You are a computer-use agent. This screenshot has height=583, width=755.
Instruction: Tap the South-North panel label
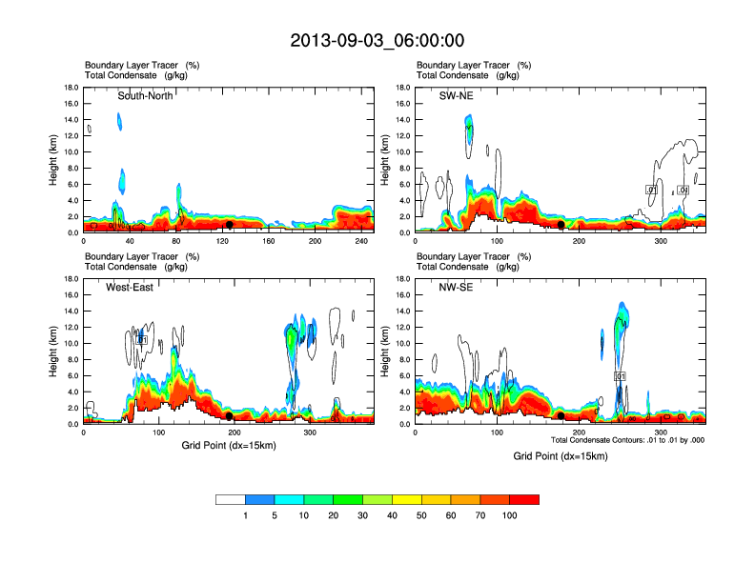pyautogui.click(x=145, y=95)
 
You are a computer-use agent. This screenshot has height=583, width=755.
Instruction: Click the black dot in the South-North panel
pyautogui.click(x=230, y=225)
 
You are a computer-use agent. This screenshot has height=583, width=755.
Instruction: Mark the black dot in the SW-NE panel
pyautogui.click(x=561, y=224)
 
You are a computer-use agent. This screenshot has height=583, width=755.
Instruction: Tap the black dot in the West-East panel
pyautogui.click(x=230, y=416)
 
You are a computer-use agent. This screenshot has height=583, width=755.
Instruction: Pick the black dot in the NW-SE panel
pyautogui.click(x=561, y=416)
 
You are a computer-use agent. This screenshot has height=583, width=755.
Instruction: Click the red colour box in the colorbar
pyautogui.click(x=524, y=499)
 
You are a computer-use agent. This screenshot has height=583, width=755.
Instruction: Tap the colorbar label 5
pyautogui.click(x=275, y=515)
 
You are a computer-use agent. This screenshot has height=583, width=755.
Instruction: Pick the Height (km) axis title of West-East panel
pyautogui.click(x=53, y=352)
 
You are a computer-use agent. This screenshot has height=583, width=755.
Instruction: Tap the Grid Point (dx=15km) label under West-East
pyautogui.click(x=229, y=446)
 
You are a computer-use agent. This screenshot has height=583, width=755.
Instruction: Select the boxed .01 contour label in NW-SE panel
pyautogui.click(x=620, y=377)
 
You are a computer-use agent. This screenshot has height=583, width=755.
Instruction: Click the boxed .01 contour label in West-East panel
pyautogui.click(x=141, y=339)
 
